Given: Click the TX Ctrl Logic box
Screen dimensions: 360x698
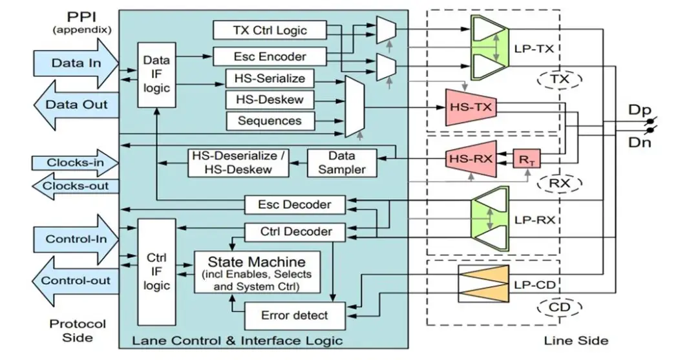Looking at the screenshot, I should (270, 30).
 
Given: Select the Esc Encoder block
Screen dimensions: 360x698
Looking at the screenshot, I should (270, 56).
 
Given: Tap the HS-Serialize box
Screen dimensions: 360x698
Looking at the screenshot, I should (270, 79).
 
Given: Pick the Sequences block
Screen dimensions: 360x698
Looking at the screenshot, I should (270, 120).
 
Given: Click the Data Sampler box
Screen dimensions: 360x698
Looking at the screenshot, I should (341, 163).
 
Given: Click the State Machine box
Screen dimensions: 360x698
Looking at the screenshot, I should (257, 272).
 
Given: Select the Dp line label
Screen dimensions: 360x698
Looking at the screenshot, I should (640, 110).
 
